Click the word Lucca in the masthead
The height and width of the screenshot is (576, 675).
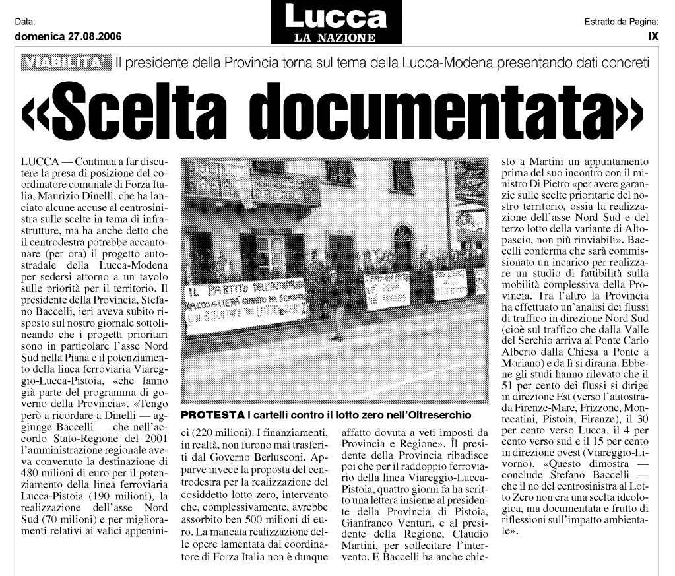click(x=336, y=16)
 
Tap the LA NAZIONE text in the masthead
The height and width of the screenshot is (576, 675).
click(x=336, y=38)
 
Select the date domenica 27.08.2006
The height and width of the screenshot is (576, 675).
click(x=68, y=37)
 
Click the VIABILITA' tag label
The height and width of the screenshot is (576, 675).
click(x=66, y=64)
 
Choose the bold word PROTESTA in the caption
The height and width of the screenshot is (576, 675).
click(x=212, y=415)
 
